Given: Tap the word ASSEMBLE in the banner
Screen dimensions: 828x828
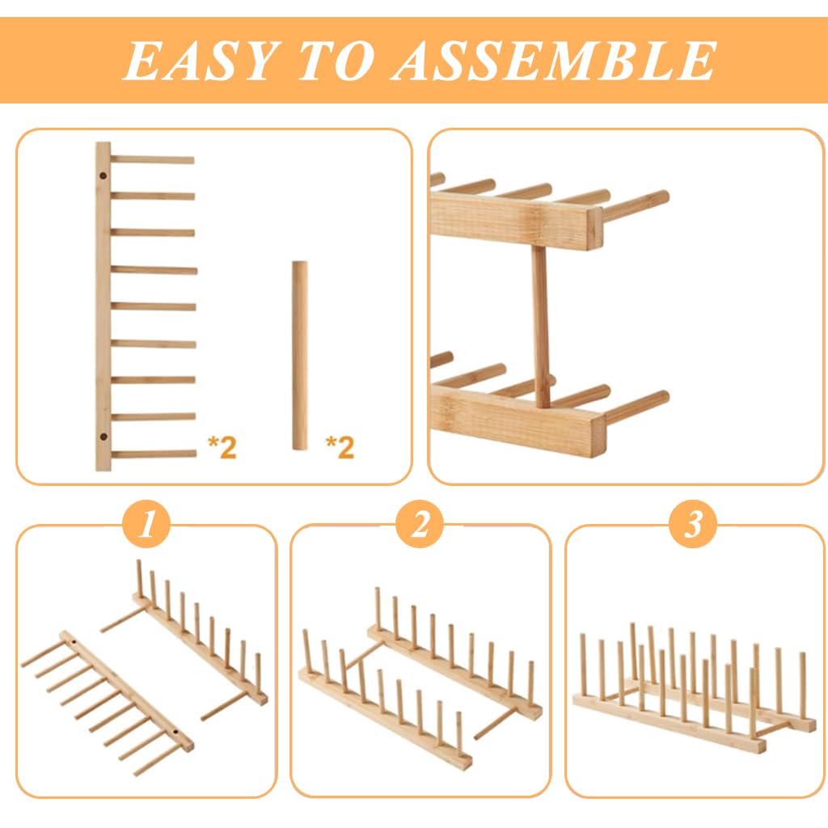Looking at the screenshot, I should click(x=554, y=60).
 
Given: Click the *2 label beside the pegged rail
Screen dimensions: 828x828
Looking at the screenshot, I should click(x=222, y=446).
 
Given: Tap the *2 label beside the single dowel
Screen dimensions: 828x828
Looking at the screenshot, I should click(x=340, y=446).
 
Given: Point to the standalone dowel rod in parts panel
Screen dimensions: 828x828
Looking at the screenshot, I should click(x=300, y=356).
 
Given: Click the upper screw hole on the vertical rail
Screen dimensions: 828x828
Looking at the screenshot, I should click(x=103, y=175).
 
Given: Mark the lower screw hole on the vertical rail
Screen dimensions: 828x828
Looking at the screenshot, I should click(x=103, y=437).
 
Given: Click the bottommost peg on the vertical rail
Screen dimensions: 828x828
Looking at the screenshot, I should click(x=154, y=454).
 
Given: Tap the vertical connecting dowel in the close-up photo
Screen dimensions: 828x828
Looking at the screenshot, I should click(x=540, y=323).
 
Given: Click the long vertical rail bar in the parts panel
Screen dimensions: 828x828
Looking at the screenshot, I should click(x=103, y=307).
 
